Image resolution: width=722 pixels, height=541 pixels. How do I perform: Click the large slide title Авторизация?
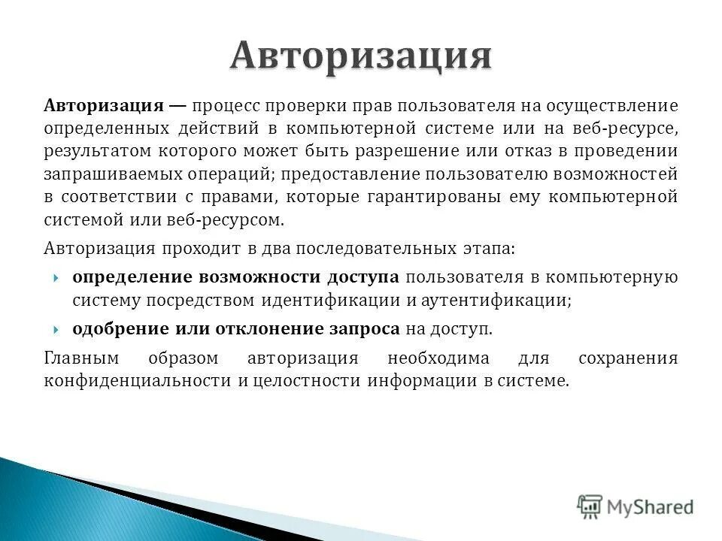coord(361,56)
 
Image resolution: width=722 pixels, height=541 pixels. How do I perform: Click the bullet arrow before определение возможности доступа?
coord(57,277)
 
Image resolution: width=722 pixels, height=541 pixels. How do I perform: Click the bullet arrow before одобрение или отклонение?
coord(57,330)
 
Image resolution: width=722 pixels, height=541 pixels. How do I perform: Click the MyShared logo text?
coord(650,506)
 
